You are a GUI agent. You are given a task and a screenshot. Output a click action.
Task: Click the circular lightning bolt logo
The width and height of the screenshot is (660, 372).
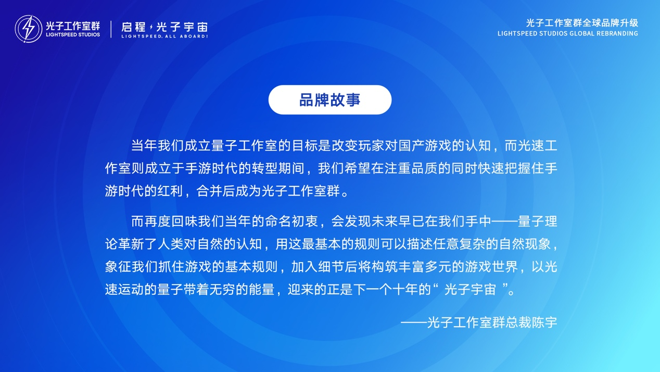point(28,29)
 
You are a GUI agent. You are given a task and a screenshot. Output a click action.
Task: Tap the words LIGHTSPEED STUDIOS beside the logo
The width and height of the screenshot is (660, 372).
point(73,34)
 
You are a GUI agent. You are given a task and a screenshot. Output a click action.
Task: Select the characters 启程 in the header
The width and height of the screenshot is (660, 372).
point(133,27)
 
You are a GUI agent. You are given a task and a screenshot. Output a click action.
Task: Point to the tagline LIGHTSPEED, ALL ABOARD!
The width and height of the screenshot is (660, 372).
point(164,36)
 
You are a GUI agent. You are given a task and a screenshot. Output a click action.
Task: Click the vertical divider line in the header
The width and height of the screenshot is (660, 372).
point(111,29)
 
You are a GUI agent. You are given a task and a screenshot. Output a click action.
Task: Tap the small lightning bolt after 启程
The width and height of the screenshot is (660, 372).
point(151,27)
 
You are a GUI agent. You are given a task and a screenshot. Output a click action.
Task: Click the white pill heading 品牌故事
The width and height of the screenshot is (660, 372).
point(330,100)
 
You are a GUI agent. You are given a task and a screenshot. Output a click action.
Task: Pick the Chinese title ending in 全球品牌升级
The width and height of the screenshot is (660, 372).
point(582,23)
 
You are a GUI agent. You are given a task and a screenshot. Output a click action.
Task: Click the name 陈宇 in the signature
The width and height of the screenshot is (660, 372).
point(544,323)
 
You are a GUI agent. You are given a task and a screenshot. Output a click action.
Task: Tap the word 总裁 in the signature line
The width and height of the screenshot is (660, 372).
point(518,323)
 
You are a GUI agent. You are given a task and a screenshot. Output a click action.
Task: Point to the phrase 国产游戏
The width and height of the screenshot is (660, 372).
point(425,146)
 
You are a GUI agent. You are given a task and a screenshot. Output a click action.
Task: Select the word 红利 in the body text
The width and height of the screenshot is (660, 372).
point(170,191)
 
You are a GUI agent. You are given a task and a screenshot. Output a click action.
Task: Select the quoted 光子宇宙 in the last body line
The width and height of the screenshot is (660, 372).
point(470,289)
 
